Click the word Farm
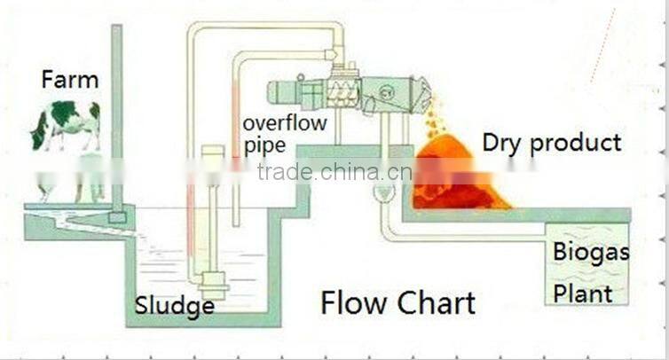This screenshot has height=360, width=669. coord(69,80)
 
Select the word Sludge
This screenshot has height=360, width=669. coord(175,307)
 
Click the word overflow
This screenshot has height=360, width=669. coord(285,122)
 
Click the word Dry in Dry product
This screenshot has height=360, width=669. coord(502,143)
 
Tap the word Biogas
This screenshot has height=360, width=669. coord(590,252)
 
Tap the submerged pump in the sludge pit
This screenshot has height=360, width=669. coord(214,284)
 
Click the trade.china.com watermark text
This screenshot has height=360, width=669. coord(334,172)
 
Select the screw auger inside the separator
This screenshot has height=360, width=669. coord(341,90)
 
